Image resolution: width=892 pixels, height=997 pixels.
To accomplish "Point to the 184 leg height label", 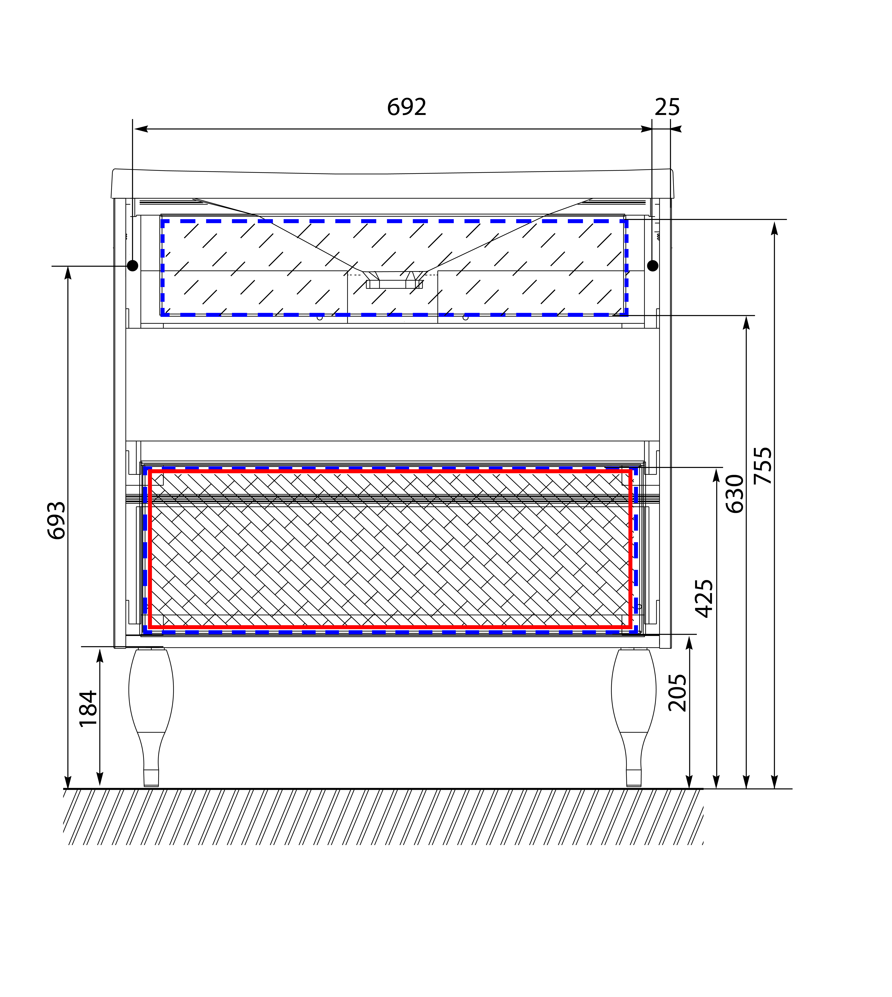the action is tap(88, 709).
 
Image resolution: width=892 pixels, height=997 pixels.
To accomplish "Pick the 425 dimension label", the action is tap(704, 599).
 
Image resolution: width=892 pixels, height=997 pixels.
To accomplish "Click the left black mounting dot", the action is tap(132, 266).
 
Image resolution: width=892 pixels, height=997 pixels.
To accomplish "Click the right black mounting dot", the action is tap(652, 266).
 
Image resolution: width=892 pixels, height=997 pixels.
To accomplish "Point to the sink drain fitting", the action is tap(394, 280).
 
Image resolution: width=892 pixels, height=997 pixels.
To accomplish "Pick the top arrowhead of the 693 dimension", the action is tap(68, 273).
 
